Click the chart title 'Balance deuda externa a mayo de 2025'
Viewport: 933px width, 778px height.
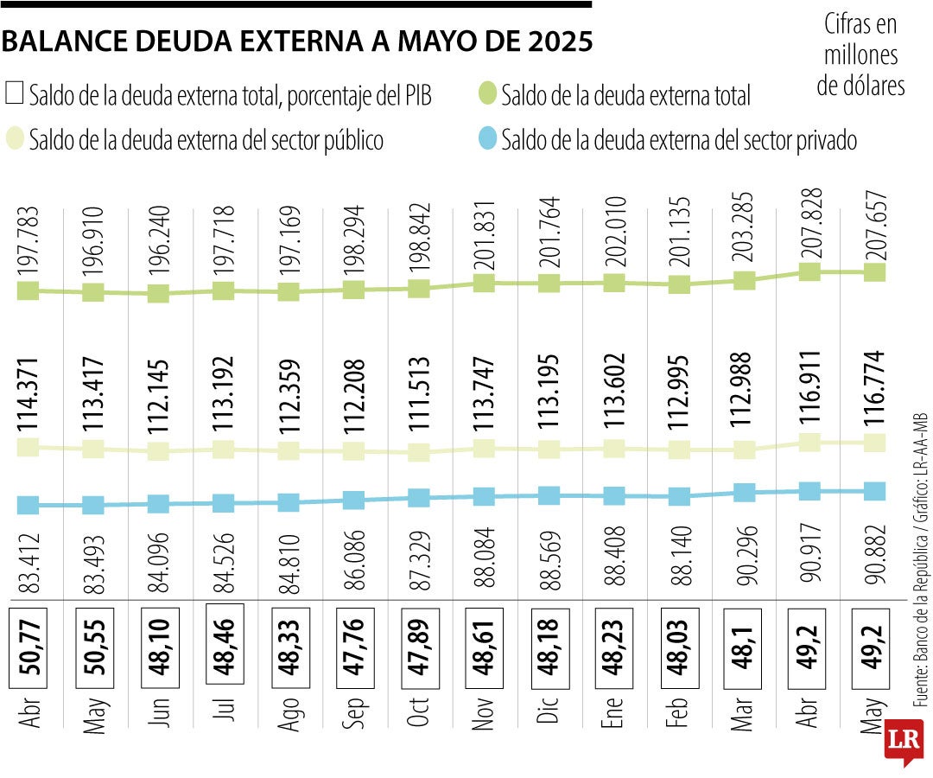coord(297,41)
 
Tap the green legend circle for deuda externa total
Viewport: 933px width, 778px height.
coord(488,94)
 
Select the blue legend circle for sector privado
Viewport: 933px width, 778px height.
coord(488,139)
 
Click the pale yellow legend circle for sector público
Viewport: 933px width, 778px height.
coord(15,139)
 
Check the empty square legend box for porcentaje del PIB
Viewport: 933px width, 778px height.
coord(15,93)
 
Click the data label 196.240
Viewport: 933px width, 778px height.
coord(157,245)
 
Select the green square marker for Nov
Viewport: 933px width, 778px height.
coord(485,284)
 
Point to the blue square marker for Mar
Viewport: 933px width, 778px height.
coord(745,493)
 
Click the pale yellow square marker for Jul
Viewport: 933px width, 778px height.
coord(223,450)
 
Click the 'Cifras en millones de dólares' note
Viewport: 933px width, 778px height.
coord(860,55)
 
